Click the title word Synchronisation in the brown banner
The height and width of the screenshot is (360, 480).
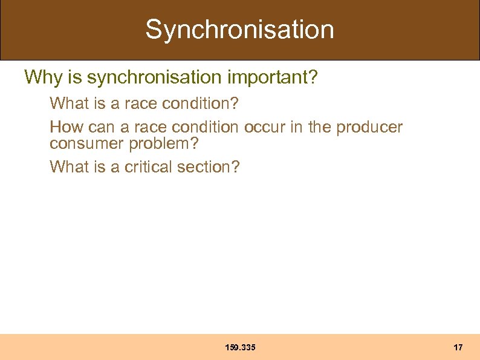(x=239, y=30)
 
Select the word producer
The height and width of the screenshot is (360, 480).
(x=369, y=127)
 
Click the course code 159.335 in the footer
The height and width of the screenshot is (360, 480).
(x=240, y=347)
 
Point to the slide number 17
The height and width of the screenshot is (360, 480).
(x=458, y=347)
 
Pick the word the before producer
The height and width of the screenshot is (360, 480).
(x=319, y=127)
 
